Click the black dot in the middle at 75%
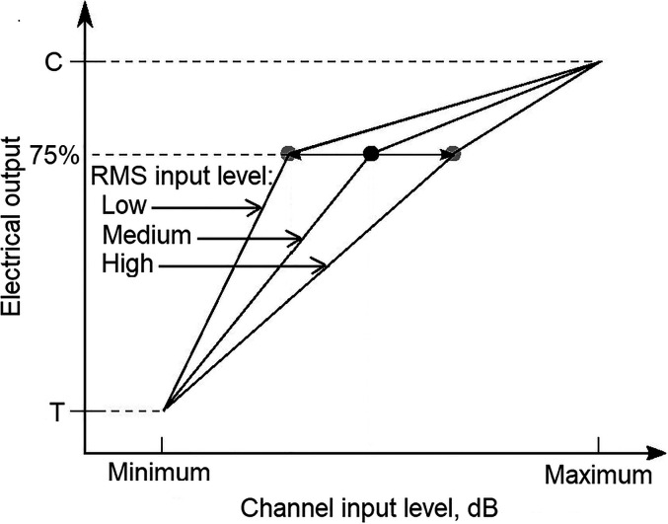[371, 154]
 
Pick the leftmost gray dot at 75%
[288, 154]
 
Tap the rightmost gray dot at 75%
[453, 154]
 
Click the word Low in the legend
[123, 206]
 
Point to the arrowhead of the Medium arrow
[295, 238]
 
